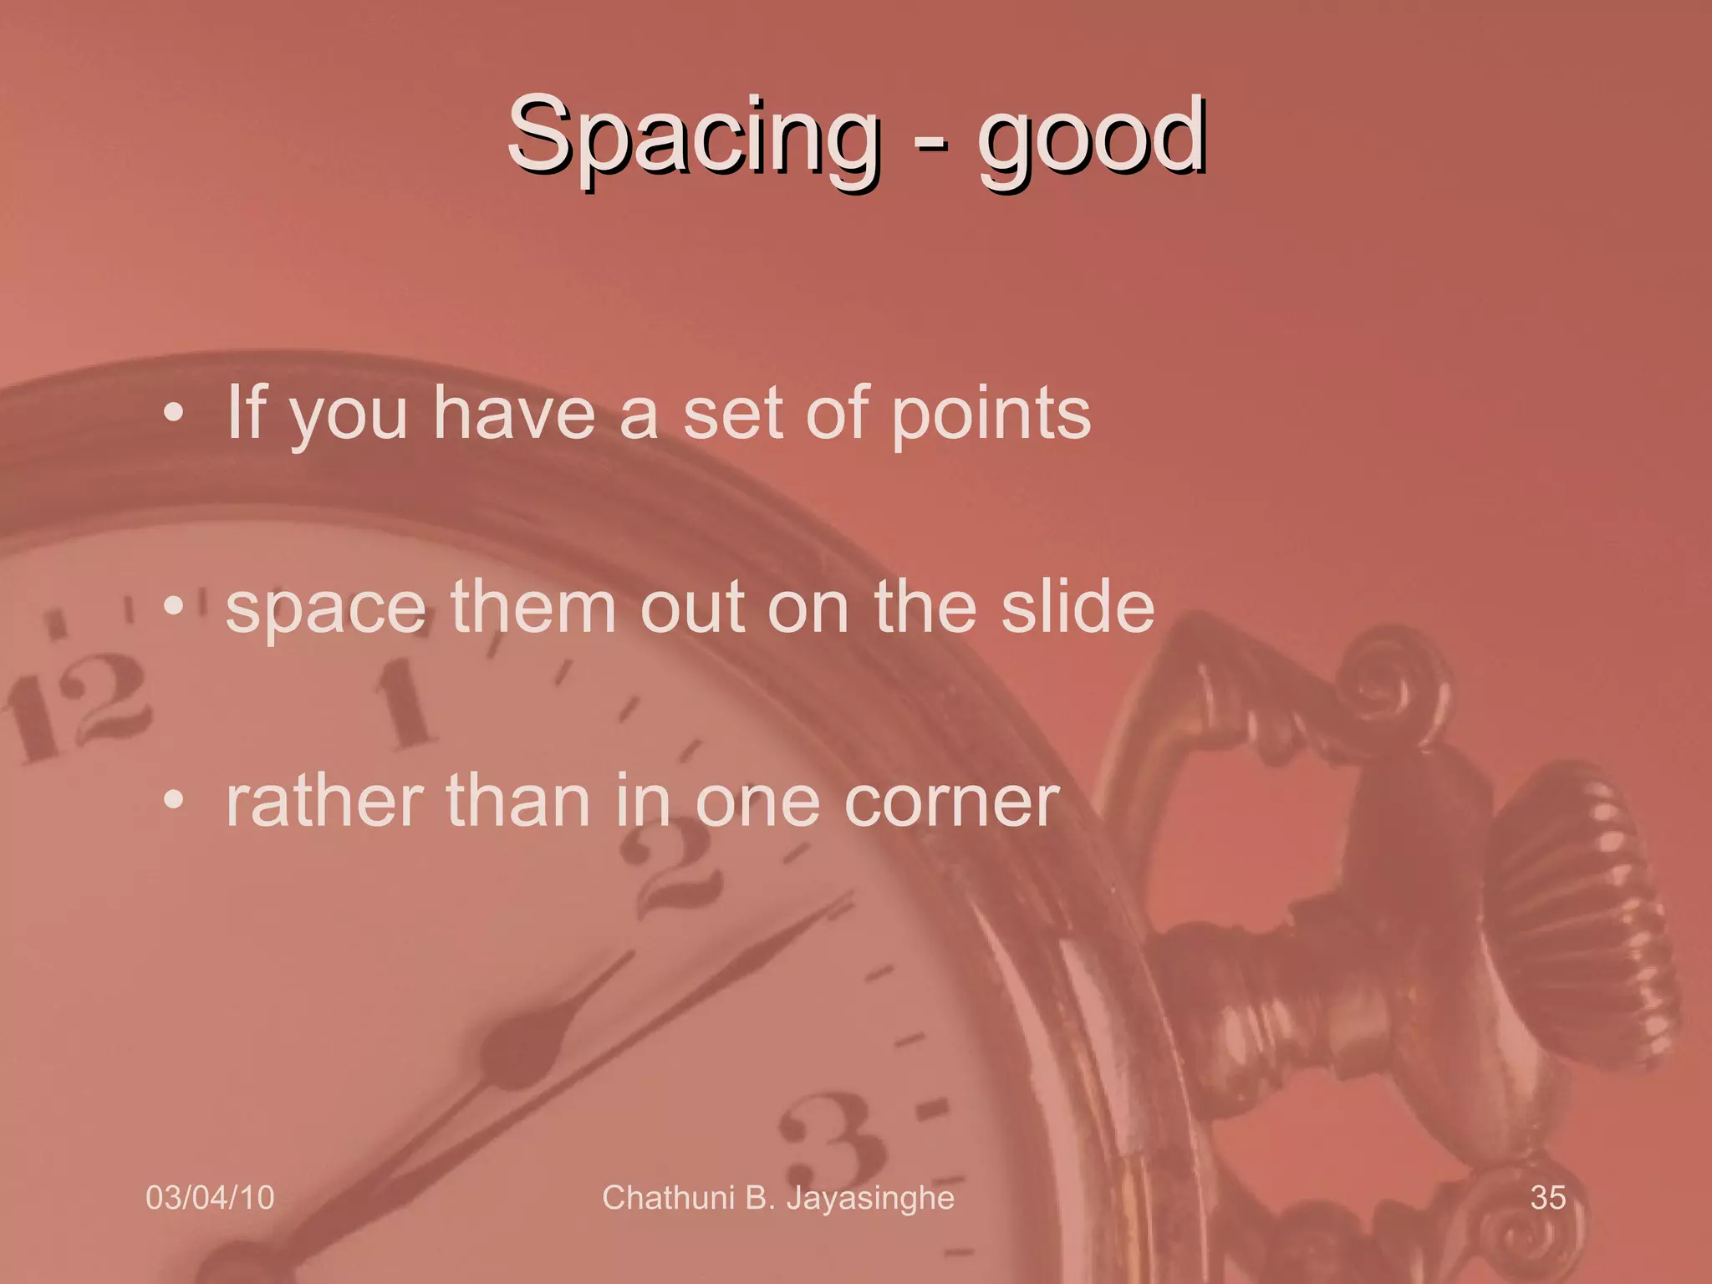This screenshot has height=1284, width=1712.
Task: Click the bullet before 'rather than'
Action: pos(173,801)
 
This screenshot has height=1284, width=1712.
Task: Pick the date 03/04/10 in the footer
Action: pos(210,1198)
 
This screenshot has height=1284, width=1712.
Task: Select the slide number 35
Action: pos(1547,1198)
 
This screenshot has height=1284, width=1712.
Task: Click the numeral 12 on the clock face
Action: pos(79,706)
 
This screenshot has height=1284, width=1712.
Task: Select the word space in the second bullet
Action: pos(326,609)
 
